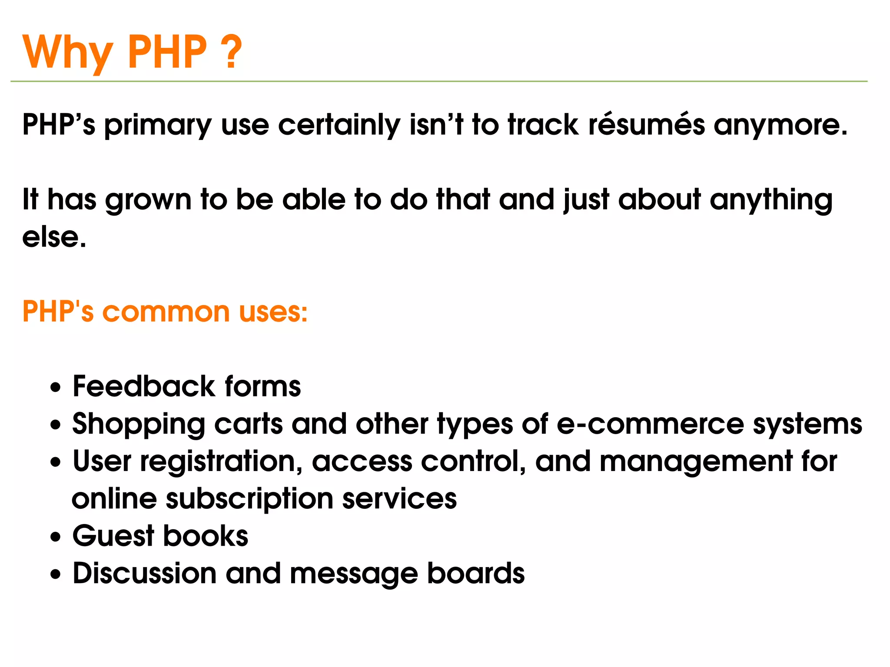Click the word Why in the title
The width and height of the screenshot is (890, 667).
coord(67,52)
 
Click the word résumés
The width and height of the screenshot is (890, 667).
coord(647,125)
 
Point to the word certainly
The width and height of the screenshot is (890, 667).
coord(339,125)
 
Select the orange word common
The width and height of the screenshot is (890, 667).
coord(166,312)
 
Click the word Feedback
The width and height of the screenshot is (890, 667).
coord(144,386)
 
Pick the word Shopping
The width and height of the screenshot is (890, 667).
coord(139,425)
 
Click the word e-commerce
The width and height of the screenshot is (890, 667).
coord(650,425)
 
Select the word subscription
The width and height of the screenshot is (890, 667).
coord(249,499)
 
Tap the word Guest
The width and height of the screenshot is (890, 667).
coord(113,536)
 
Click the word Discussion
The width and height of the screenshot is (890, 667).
coord(145,574)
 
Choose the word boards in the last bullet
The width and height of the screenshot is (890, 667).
coord(476,574)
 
